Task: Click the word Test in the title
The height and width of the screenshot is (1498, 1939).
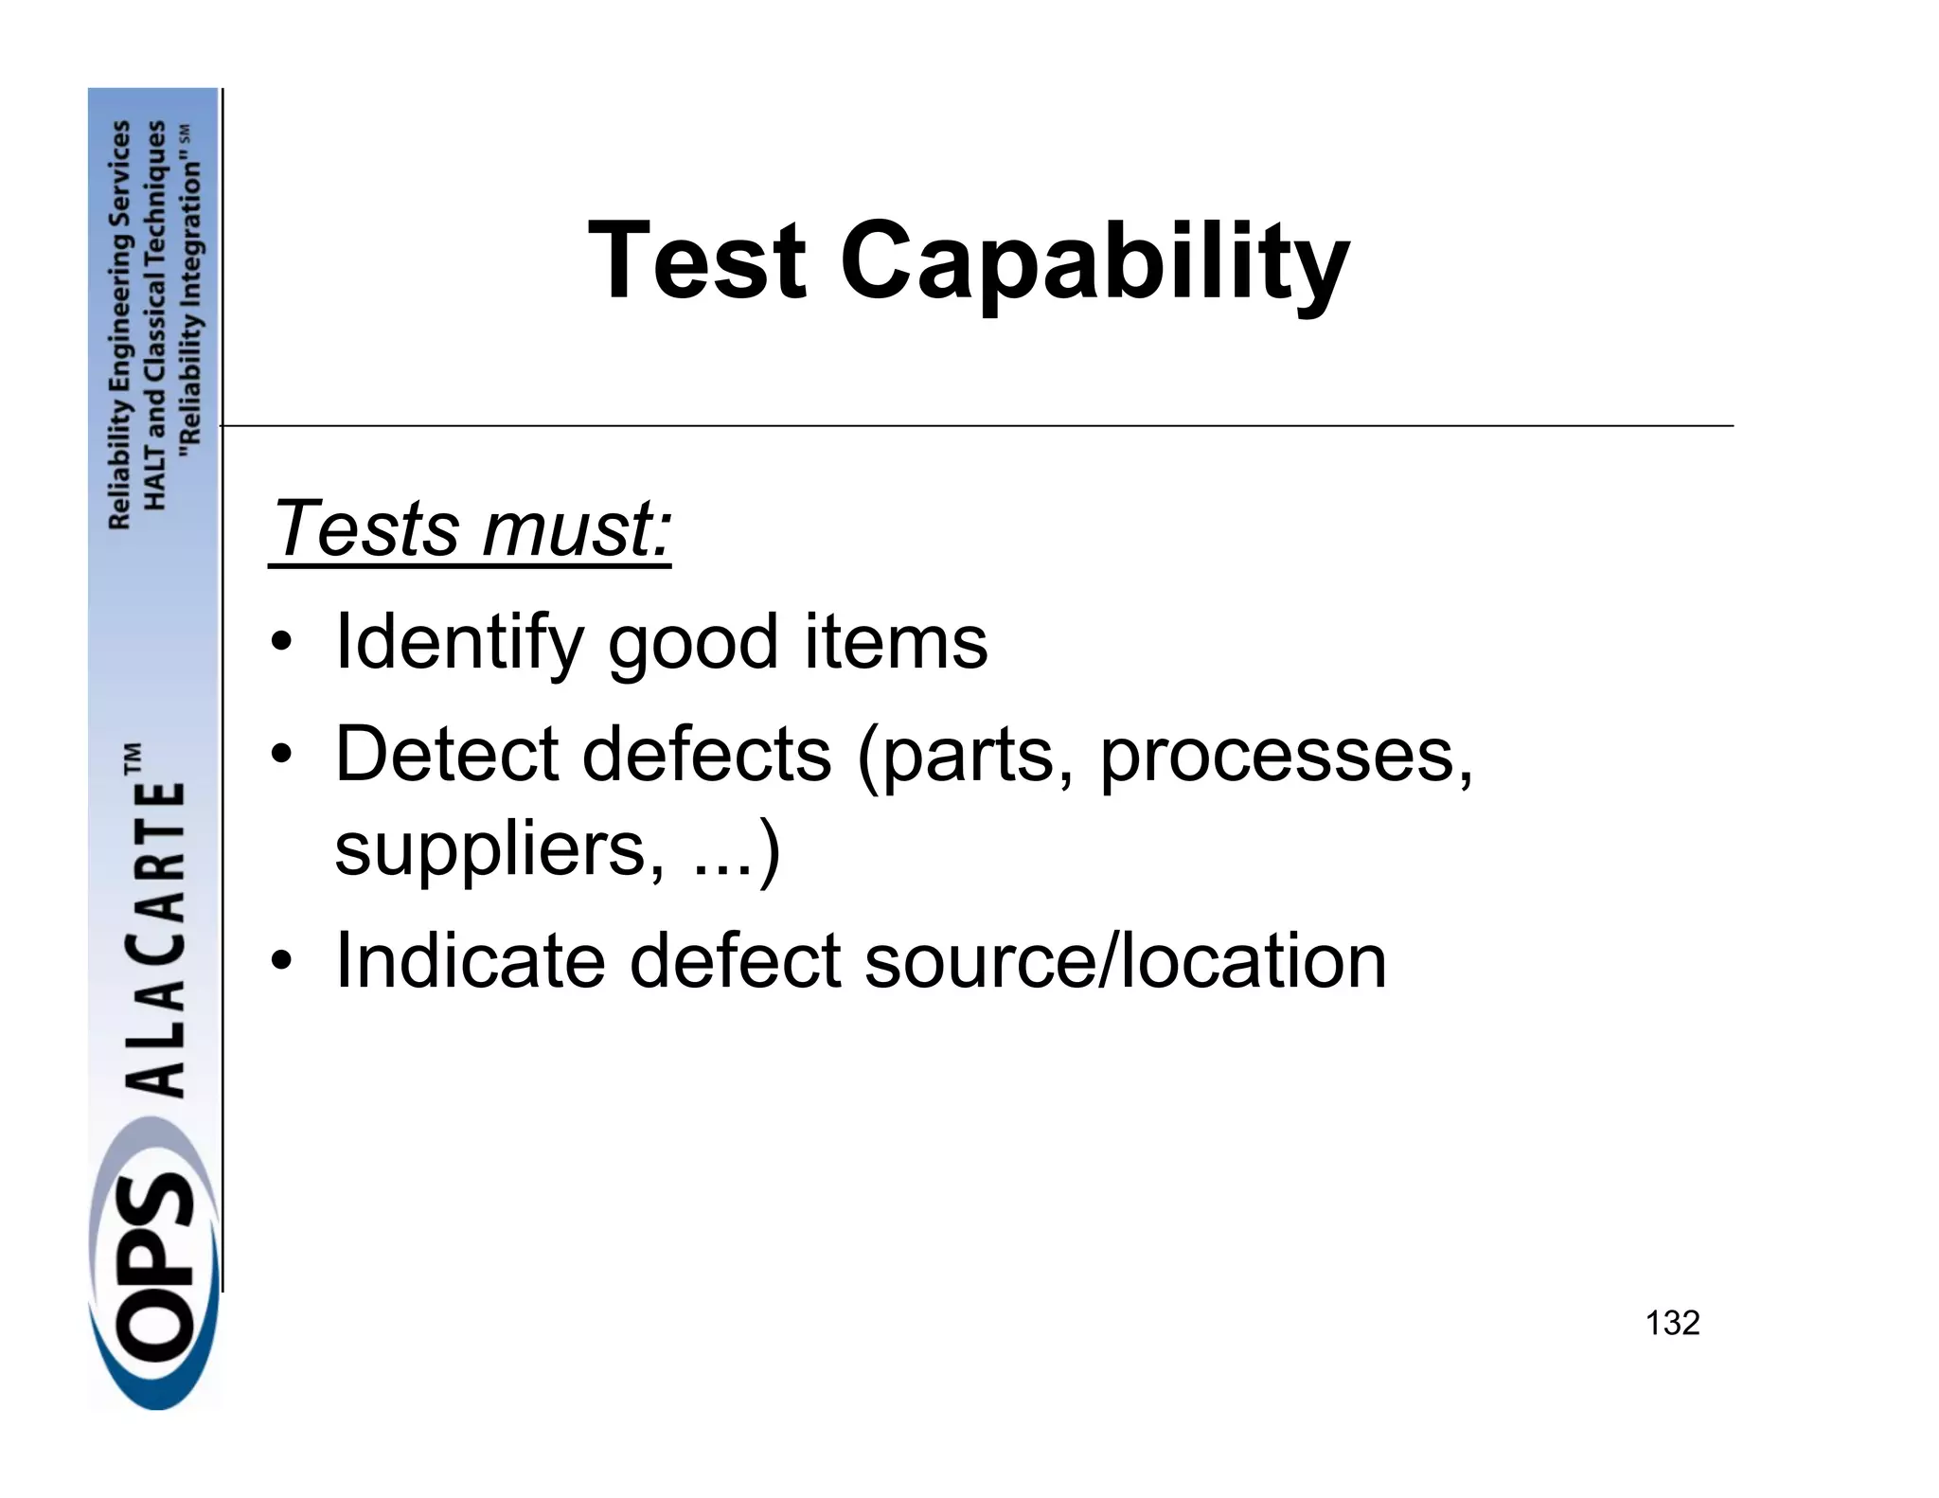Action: (x=697, y=259)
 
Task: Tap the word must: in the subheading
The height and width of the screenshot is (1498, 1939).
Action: (x=577, y=527)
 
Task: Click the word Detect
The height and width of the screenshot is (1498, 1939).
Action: (x=447, y=754)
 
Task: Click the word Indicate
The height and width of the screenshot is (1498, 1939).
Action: (x=470, y=960)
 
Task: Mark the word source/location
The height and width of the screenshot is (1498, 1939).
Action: (x=1125, y=960)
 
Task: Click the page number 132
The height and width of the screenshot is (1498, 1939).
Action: (x=1672, y=1323)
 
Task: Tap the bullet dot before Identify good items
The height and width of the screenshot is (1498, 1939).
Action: (x=280, y=644)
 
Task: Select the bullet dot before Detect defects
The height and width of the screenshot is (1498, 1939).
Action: (x=280, y=756)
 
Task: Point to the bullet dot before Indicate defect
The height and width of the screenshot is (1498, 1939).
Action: (x=280, y=962)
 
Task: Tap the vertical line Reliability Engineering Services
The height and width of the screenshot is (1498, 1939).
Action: (x=120, y=325)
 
